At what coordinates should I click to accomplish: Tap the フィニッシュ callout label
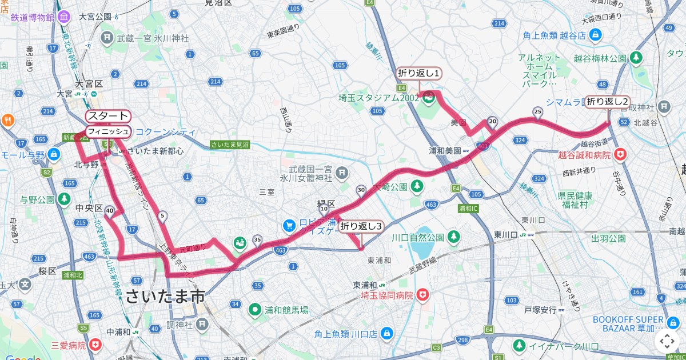107,131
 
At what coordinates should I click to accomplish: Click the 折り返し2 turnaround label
608,102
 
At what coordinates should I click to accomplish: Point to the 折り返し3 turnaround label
361,226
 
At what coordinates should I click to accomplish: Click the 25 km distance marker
537,111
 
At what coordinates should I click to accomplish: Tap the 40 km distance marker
110,210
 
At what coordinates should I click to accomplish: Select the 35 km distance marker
257,239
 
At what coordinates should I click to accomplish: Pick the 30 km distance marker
361,190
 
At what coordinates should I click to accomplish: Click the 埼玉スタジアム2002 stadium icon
429,98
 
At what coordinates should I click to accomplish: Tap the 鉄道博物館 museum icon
64,17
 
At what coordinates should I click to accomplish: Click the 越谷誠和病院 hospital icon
621,154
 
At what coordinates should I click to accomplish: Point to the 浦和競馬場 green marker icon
254,310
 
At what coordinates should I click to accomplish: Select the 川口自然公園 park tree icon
454,236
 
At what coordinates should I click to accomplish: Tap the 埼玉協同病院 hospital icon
422,295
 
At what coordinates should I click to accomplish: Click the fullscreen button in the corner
667,341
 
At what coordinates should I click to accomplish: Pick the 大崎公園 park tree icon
417,186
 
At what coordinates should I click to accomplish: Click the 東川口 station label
505,234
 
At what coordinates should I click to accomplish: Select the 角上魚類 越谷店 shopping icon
596,35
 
